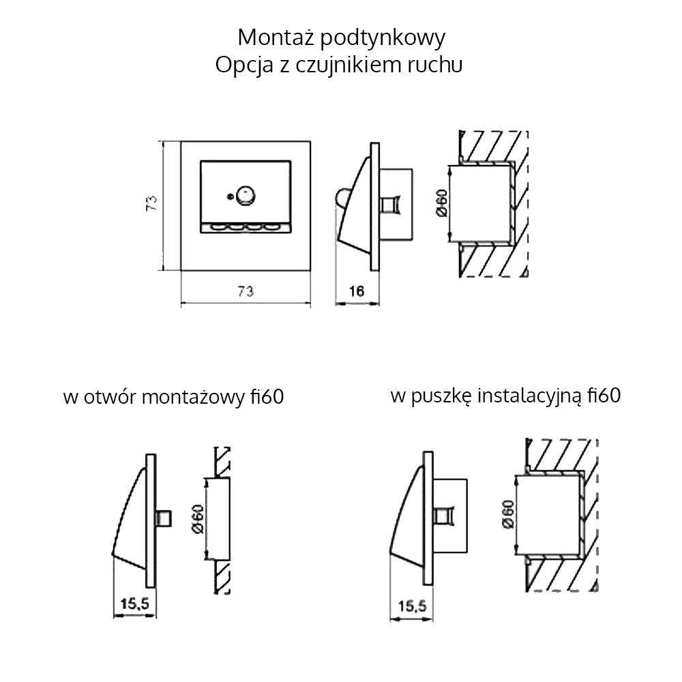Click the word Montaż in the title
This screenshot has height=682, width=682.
click(276, 38)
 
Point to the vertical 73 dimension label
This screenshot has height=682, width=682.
click(151, 203)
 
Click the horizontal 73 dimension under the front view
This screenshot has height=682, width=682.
click(246, 291)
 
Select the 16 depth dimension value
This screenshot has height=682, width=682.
click(357, 291)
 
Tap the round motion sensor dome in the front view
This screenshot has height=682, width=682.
click(245, 195)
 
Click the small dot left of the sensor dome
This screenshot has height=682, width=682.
click(230, 197)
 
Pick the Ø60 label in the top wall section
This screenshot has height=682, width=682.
click(441, 203)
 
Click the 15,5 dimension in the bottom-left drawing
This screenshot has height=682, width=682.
click(135, 604)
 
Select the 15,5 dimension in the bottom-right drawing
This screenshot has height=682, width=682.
click(413, 606)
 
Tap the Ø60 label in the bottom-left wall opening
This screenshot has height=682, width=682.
click(198, 519)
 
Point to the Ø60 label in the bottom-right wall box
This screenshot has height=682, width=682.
click(507, 514)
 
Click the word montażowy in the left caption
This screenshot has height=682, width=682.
click(194, 398)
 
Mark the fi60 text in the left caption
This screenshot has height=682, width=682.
click(267, 396)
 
